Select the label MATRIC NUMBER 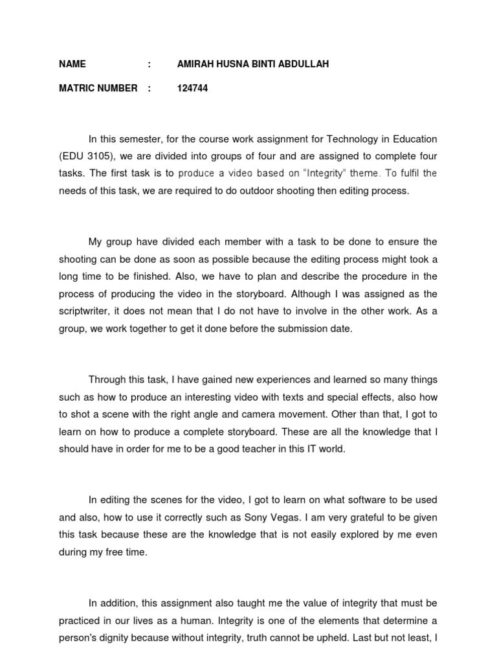(98, 88)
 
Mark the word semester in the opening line (140, 139)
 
